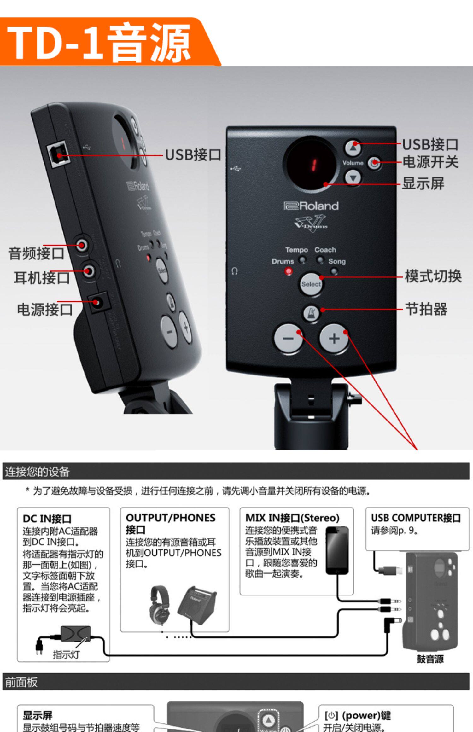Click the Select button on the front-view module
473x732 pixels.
tap(311, 284)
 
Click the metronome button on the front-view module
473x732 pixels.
tap(311, 314)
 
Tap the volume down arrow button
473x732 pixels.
tap(353, 178)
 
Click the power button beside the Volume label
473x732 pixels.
tap(374, 163)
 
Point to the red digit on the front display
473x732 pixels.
tap(313, 164)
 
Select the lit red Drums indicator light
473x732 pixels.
tap(288, 271)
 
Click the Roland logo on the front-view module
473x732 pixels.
tap(311, 206)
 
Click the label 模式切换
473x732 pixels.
tap(433, 276)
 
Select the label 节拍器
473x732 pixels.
tap(426, 309)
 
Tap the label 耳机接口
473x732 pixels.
tap(42, 278)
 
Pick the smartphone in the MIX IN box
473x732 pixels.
tap(337, 550)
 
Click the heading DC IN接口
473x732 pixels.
tap(47, 519)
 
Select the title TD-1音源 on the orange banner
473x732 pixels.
tap(99, 43)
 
